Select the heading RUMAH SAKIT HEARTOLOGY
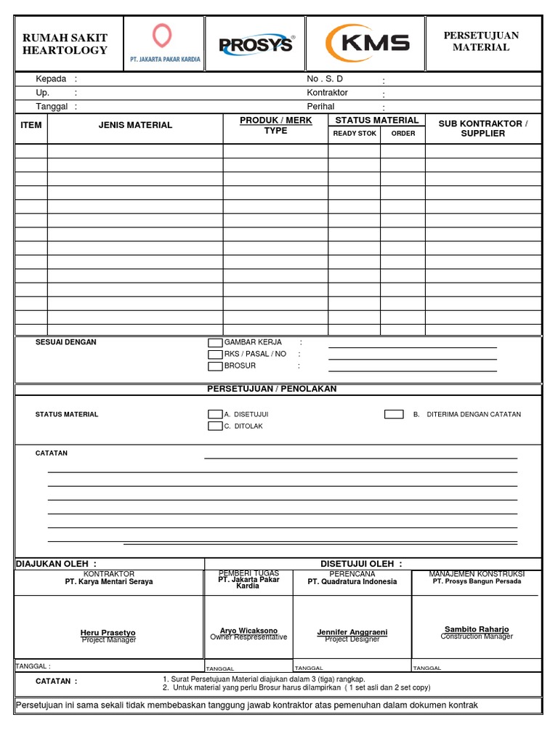point(65,44)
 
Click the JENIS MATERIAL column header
point(135,125)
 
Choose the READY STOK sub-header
point(355,134)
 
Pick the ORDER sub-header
point(403,134)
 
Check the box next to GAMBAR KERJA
point(215,343)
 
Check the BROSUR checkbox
point(215,366)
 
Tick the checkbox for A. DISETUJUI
point(215,414)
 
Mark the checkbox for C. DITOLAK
point(215,426)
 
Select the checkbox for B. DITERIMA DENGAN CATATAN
point(394,414)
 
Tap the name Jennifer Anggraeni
point(352,632)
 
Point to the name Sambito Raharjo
point(477,629)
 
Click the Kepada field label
point(52,79)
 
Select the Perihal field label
point(320,106)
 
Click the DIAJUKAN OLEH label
point(56,564)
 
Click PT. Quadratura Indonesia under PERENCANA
point(352,582)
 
